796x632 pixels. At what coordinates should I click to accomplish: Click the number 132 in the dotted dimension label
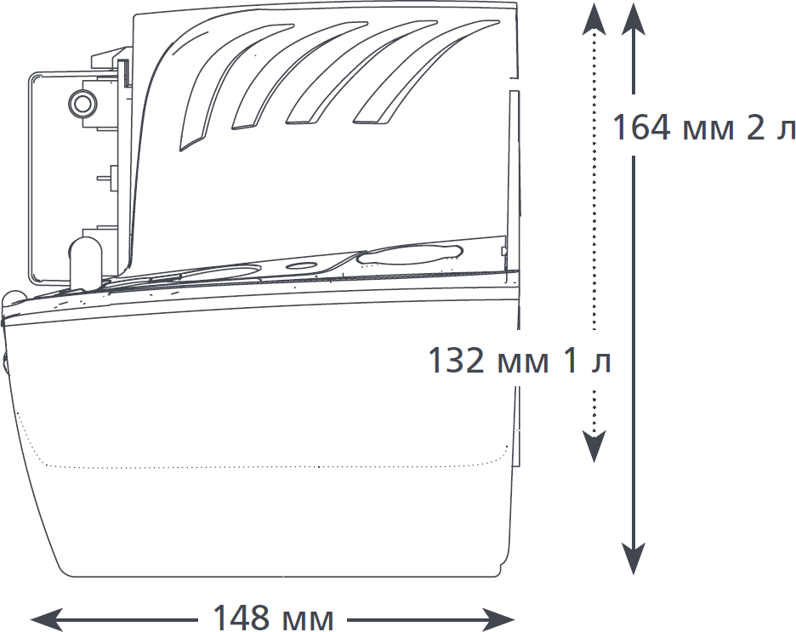[457, 361]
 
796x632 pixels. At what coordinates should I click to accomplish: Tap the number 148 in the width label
[242, 618]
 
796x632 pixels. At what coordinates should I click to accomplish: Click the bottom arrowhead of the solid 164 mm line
[634, 558]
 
